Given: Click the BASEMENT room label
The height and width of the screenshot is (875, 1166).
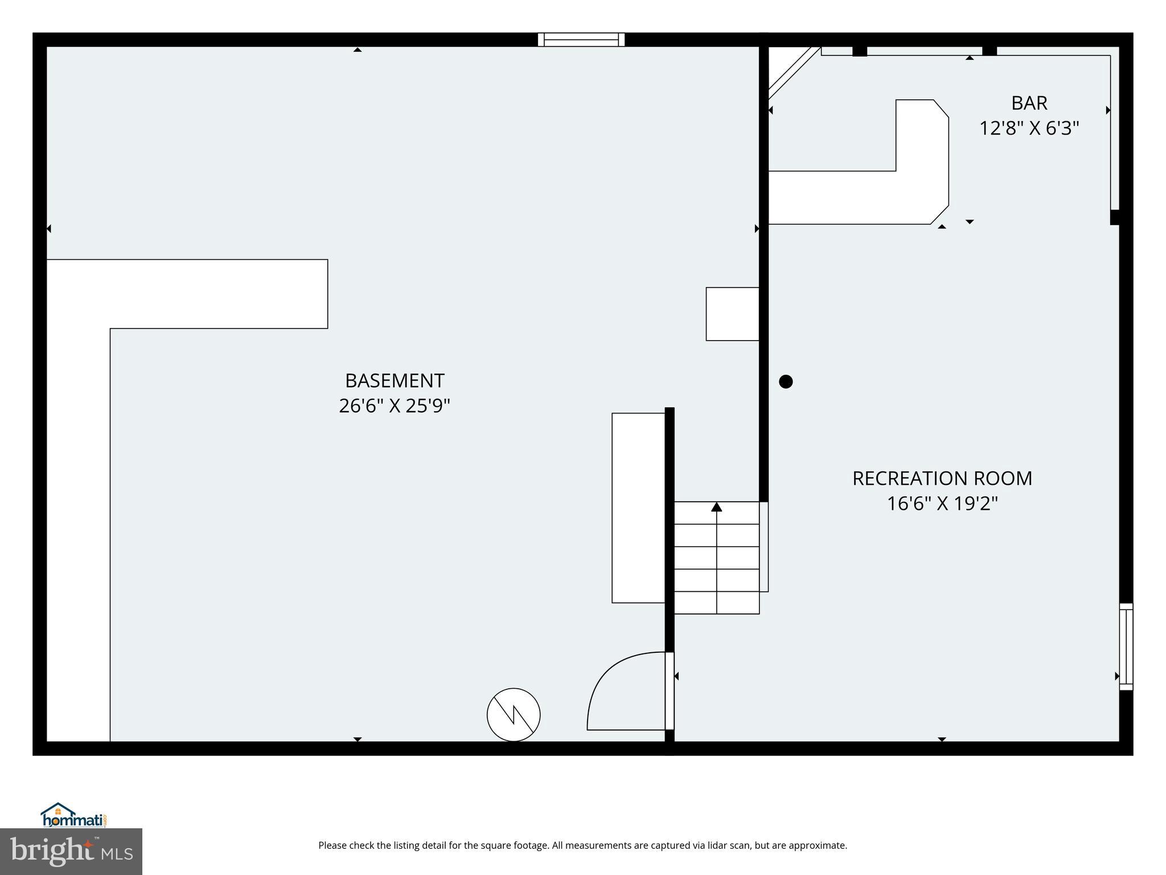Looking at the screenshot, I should [x=395, y=381].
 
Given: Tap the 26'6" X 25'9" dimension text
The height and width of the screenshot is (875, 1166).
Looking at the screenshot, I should [x=395, y=406].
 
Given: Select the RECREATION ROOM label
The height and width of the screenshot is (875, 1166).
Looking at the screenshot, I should [x=942, y=479].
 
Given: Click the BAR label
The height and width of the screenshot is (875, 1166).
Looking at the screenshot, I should [x=1029, y=103].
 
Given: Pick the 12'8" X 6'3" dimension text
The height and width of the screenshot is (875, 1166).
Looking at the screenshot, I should [x=1029, y=129].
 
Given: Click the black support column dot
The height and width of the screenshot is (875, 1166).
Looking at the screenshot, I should [x=786, y=382].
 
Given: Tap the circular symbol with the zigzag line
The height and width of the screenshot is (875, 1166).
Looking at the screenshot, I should [x=514, y=714].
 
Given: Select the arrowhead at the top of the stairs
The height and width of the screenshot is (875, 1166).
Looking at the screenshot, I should [x=717, y=507].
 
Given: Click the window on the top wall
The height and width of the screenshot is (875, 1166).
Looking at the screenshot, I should [x=581, y=39].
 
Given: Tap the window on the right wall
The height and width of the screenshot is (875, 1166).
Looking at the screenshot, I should [x=1126, y=647].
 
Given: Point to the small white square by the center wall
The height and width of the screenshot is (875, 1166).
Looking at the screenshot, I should [x=732, y=314].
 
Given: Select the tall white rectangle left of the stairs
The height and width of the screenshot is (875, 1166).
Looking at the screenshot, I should [x=638, y=508].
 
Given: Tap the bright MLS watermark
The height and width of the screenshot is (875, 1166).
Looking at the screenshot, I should [x=71, y=851].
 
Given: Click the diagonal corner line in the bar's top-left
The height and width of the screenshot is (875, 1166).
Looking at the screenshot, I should [x=794, y=74].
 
